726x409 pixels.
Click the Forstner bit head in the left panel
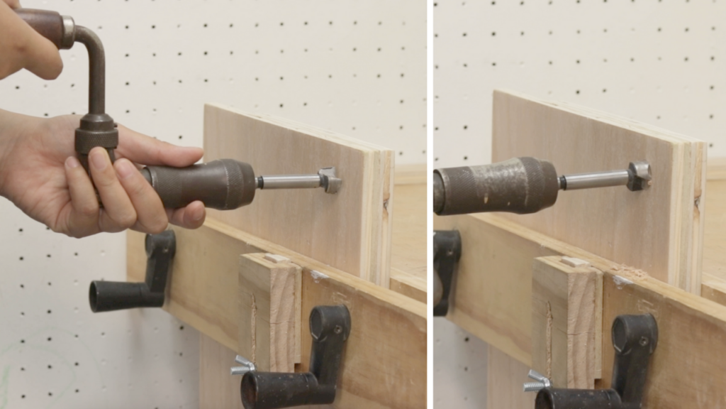pyautogui.click(x=330, y=180)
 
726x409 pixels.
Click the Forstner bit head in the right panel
pyautogui.click(x=638, y=175)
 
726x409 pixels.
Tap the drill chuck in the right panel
pyautogui.click(x=496, y=186)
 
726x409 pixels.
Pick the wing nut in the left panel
pyautogui.click(x=242, y=365)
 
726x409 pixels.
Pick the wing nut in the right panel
pyautogui.click(x=537, y=381)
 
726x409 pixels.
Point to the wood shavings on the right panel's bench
pyautogui.click(x=627, y=273)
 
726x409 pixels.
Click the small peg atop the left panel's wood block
pyautogui.click(x=276, y=259)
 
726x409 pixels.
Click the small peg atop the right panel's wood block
pyautogui.click(x=574, y=262)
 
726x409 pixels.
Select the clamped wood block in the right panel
pyautogui.click(x=567, y=320)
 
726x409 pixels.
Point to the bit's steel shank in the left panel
pyautogui.click(x=291, y=182)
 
